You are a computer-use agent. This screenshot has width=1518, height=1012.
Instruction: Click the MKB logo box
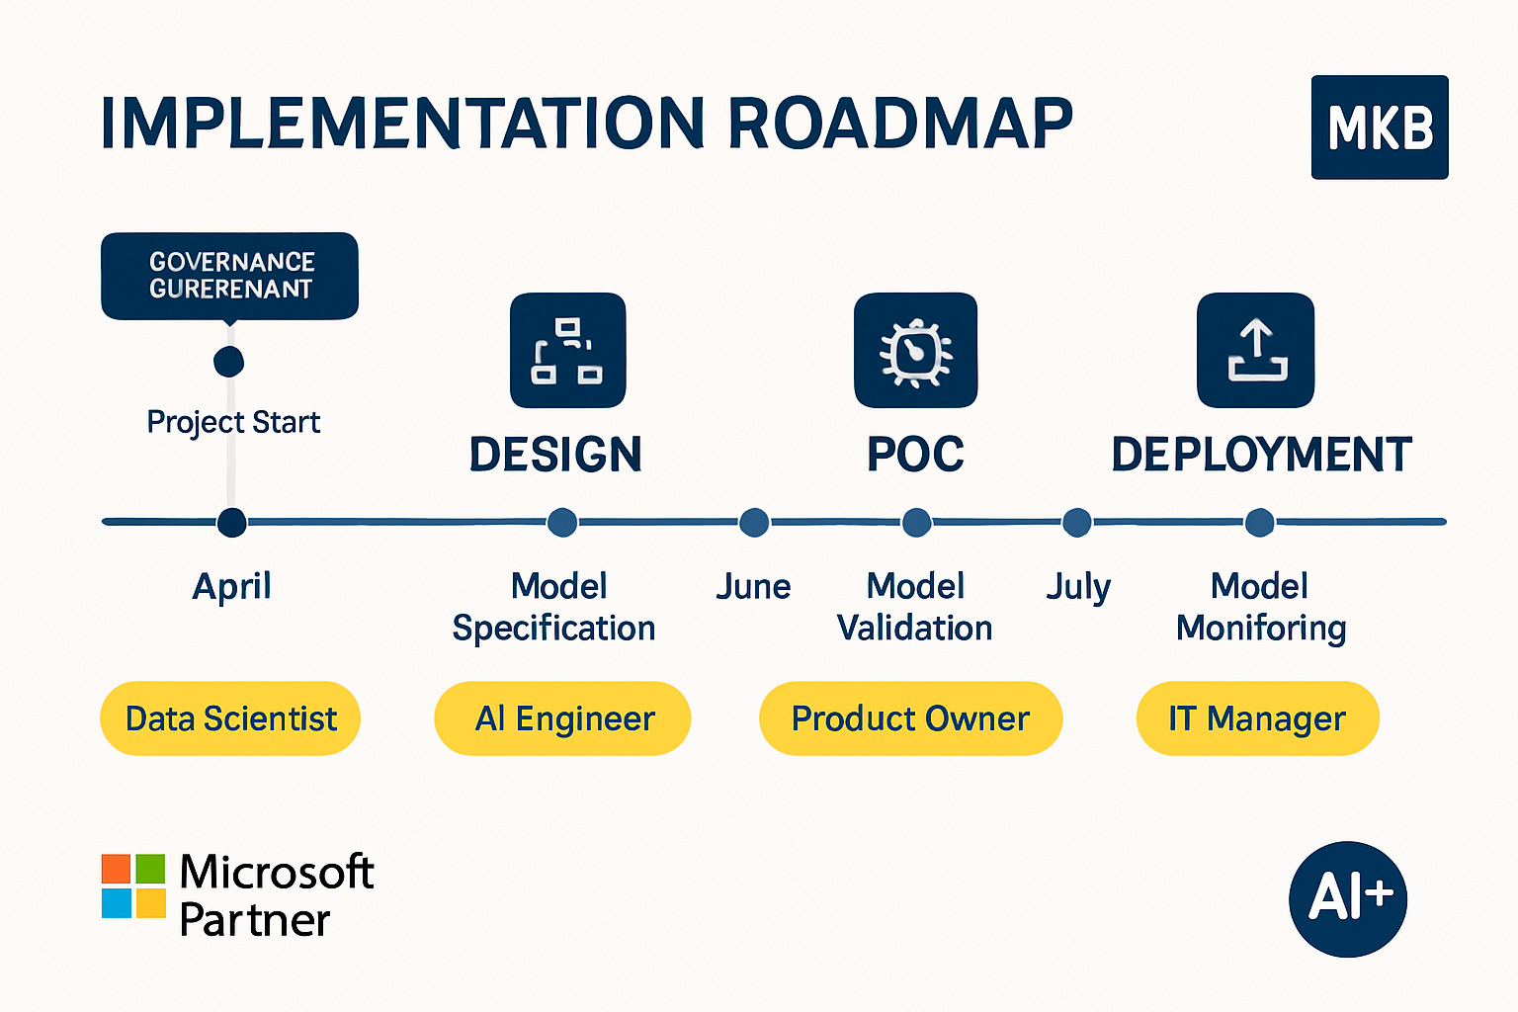(x=1379, y=127)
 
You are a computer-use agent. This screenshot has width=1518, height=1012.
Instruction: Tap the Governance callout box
(x=230, y=276)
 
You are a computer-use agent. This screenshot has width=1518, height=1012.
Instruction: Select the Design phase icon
(x=567, y=350)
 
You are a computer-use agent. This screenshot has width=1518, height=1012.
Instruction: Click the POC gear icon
(x=915, y=350)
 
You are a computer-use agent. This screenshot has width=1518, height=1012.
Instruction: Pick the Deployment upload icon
(x=1255, y=350)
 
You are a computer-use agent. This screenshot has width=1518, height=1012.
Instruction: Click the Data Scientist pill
(x=230, y=718)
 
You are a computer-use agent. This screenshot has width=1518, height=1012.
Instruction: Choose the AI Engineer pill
(x=562, y=718)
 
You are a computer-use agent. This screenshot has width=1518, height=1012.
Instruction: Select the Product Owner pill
(x=910, y=718)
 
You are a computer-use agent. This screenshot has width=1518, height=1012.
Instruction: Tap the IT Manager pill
(x=1257, y=718)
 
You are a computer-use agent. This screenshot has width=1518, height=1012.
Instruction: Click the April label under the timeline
(x=231, y=586)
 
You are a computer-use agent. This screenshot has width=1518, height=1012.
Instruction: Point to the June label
(x=753, y=586)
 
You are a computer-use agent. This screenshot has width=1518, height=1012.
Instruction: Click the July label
(x=1078, y=587)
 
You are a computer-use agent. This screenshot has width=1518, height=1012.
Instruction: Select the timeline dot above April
(x=231, y=522)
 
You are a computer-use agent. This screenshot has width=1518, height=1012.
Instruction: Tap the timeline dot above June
(x=754, y=522)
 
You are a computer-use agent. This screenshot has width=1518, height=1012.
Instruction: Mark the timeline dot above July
(x=1076, y=522)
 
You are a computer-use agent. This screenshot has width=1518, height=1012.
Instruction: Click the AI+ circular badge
(x=1348, y=898)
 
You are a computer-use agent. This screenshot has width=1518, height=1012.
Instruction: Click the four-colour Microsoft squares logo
(x=133, y=885)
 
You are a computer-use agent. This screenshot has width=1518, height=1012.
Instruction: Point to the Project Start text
(x=233, y=422)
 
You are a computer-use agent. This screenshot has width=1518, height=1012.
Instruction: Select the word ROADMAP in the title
(x=900, y=125)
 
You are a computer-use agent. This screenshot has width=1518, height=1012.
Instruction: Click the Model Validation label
(x=915, y=607)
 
